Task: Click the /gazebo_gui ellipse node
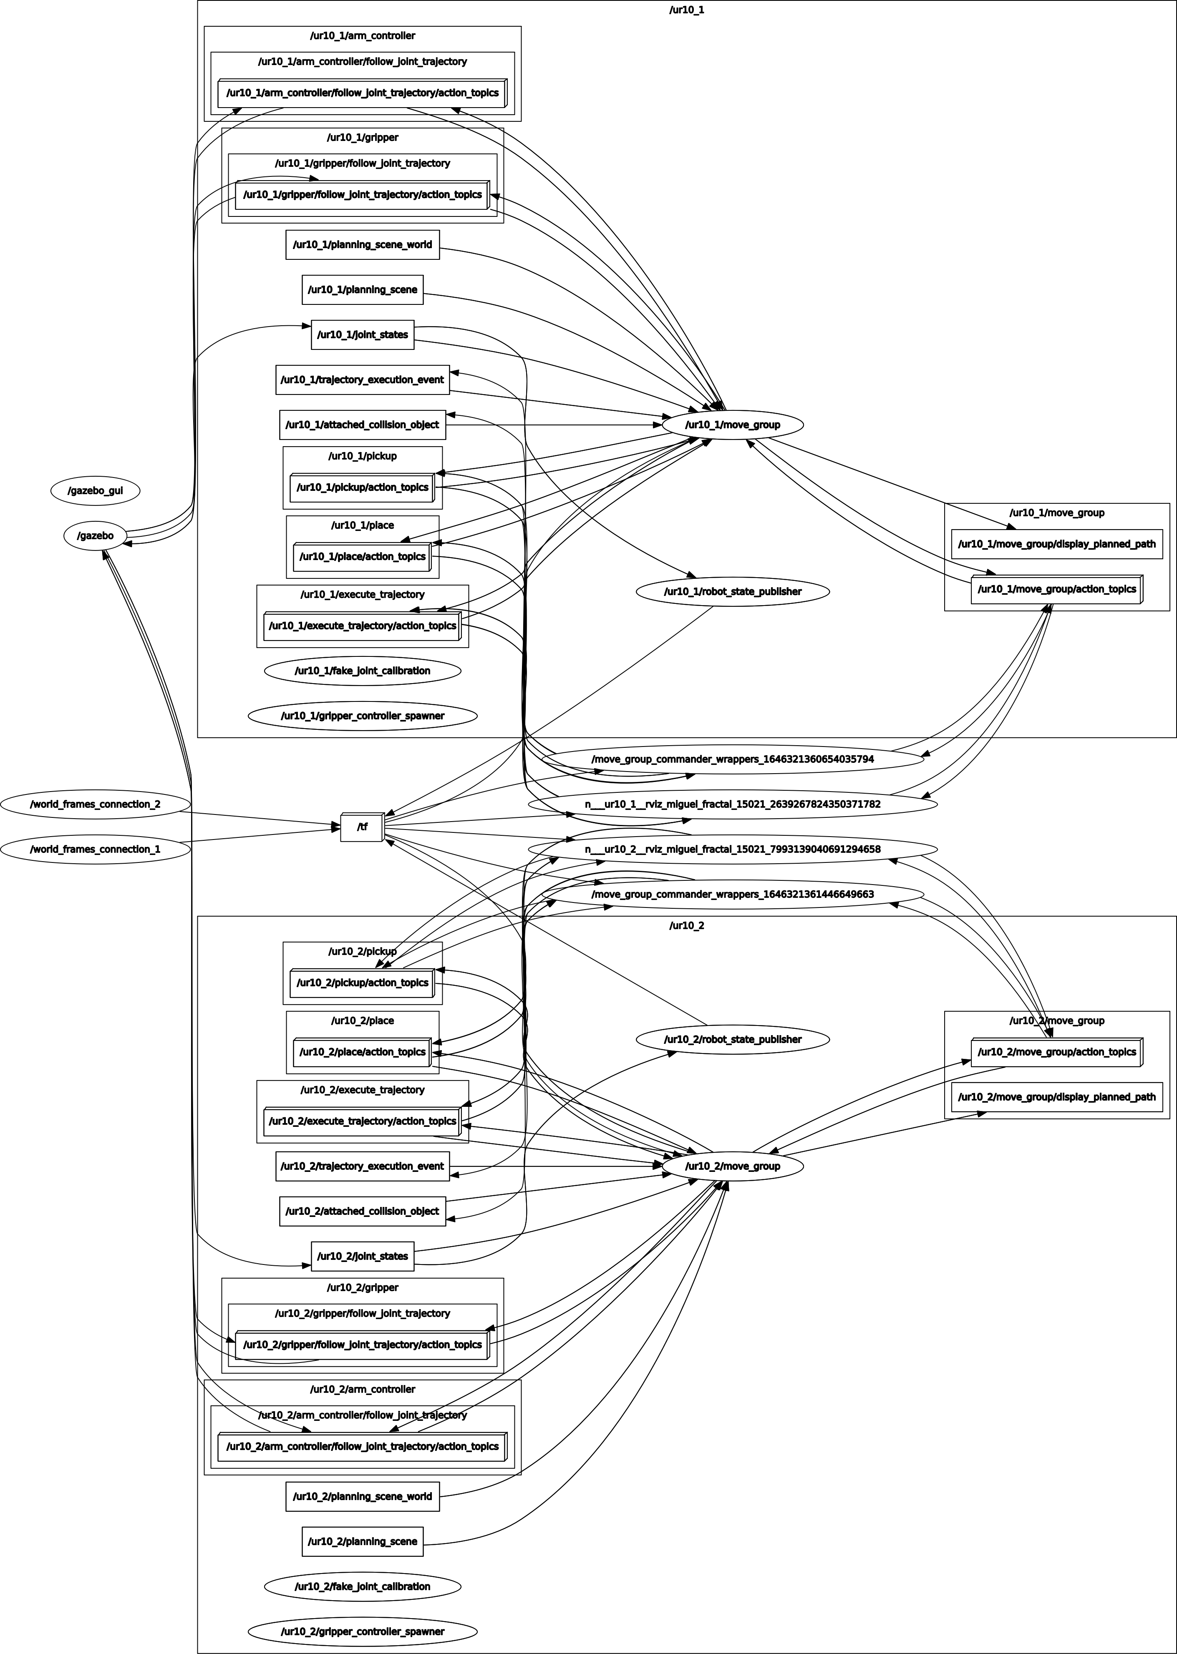pos(95,490)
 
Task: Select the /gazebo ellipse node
pos(95,535)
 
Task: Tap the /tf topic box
pos(362,827)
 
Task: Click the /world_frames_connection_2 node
pos(95,804)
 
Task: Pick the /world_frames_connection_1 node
pos(95,849)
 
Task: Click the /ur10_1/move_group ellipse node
pos(732,425)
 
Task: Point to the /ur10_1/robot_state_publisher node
pos(732,591)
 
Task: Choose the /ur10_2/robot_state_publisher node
pos(732,1039)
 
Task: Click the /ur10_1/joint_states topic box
pos(363,335)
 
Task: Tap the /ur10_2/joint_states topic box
pos(363,1256)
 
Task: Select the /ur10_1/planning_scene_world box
pos(363,245)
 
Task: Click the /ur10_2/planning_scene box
pos(363,1541)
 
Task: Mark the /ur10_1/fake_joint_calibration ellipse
pos(363,671)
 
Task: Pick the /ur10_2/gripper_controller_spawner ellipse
pos(363,1631)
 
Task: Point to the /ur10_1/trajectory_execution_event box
pos(363,380)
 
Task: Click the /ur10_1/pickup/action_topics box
pos(363,488)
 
